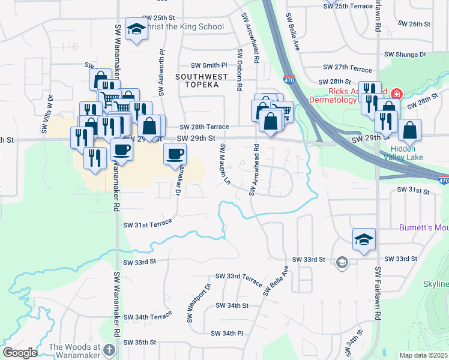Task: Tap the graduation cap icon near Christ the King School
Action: coord(136,29)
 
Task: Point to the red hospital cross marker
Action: coord(396,94)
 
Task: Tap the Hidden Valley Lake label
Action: coord(407,153)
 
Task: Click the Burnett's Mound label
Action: coord(424,228)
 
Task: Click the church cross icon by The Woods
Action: coord(109,349)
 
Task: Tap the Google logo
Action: coord(20,353)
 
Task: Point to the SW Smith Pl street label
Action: coord(209,65)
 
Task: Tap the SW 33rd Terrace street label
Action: coord(236,278)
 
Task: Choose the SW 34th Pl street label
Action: coord(227,333)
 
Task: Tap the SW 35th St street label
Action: coord(140,342)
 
